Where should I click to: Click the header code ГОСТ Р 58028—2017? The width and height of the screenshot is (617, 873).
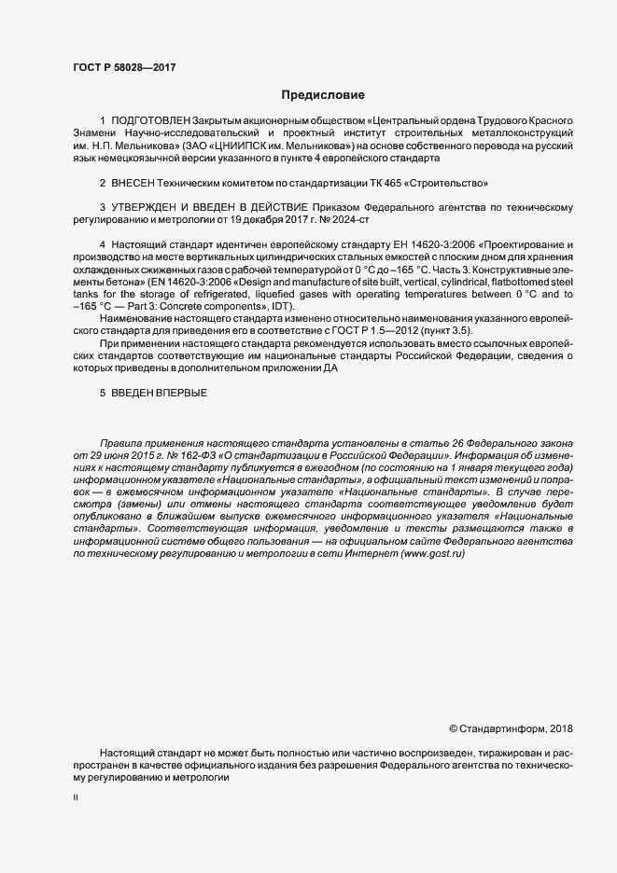(x=123, y=67)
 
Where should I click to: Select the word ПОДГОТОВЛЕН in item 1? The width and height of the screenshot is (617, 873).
(x=150, y=122)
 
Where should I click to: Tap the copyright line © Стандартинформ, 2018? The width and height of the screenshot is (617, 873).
(x=512, y=727)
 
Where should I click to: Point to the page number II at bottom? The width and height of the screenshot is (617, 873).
(x=76, y=798)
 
